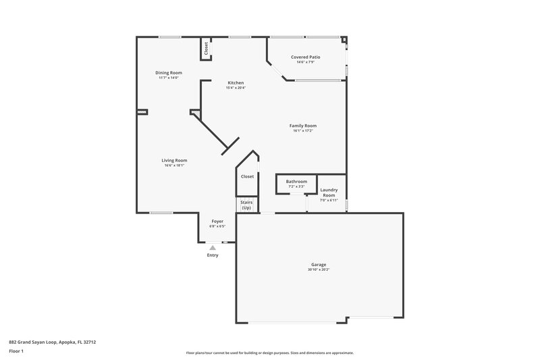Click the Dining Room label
click(x=169, y=72)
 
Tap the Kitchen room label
click(x=236, y=82)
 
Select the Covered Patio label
click(x=305, y=57)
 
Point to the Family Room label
click(x=303, y=126)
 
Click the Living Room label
click(x=174, y=160)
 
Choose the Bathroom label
click(x=296, y=181)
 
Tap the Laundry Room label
click(x=329, y=192)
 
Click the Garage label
click(x=319, y=265)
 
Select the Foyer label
click(x=217, y=221)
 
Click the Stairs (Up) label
click(x=246, y=205)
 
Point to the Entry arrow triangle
click(x=213, y=248)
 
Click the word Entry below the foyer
click(x=213, y=255)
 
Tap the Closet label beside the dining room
click(x=206, y=48)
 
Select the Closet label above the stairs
click(x=247, y=176)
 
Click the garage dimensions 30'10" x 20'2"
click(x=319, y=269)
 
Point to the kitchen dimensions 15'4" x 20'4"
click(x=236, y=88)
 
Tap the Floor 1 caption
click(x=16, y=352)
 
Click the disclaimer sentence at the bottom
click(x=269, y=353)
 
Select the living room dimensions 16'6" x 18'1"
click(x=174, y=165)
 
